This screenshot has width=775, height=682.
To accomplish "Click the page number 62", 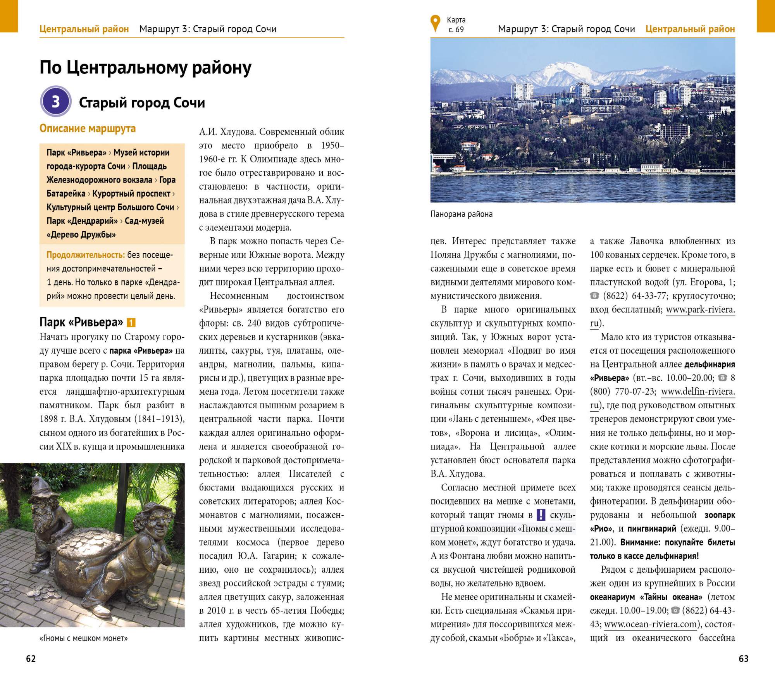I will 31,659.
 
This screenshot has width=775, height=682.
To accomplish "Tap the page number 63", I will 744,659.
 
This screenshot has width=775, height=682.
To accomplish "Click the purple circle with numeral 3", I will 56,102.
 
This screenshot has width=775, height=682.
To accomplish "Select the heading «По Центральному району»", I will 145,67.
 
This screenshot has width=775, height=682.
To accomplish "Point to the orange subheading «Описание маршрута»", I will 88,129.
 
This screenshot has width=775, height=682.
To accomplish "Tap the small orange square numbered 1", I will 131,323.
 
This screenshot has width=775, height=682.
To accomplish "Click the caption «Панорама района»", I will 461,214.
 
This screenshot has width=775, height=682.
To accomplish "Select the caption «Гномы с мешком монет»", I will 83,638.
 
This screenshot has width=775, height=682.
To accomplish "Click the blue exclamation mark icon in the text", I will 541,515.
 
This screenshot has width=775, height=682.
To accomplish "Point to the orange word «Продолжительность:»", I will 86,255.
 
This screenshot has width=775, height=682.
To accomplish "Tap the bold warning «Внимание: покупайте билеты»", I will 678,542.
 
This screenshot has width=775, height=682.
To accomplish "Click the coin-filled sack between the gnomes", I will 89,558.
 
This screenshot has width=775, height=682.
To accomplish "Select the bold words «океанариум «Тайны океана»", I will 646,597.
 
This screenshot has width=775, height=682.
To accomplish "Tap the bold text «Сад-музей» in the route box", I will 144,221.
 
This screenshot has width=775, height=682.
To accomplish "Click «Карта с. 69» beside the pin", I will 456,24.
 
